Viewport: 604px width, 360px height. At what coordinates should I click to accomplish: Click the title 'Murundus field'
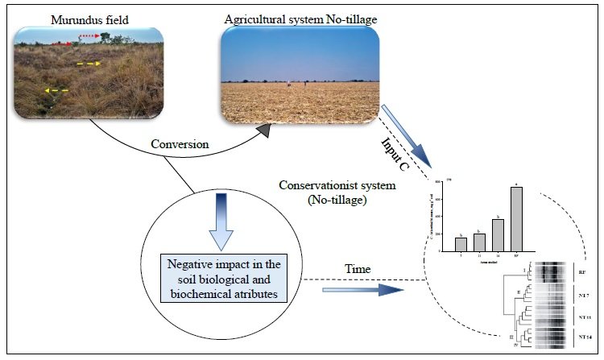coord(84,17)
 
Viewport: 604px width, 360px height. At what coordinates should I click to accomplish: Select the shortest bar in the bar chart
coord(460,244)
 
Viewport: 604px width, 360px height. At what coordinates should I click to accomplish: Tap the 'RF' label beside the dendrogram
coord(581,274)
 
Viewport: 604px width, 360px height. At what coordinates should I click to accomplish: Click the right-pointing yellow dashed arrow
coord(89,63)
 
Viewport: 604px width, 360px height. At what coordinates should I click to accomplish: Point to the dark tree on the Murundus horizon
coord(109,42)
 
